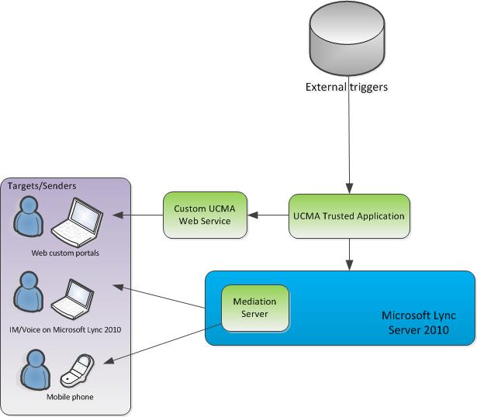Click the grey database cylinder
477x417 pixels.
[x=346, y=40]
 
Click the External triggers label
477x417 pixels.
[x=346, y=87]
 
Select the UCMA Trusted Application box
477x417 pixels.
[x=349, y=215]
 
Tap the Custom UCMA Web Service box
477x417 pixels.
[x=205, y=215]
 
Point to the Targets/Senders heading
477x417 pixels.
[x=38, y=187]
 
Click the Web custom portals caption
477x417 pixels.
[x=66, y=253]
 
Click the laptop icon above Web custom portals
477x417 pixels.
[x=78, y=222]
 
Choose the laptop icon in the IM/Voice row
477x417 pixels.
[x=76, y=297]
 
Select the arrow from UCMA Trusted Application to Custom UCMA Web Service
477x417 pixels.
[x=268, y=215]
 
